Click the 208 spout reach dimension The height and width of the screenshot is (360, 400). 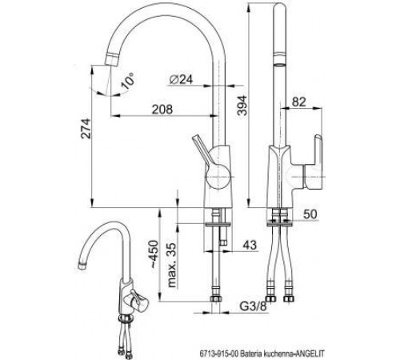[x=162, y=110]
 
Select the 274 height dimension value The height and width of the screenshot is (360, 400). [x=86, y=129]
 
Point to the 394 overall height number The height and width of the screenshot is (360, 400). [x=242, y=105]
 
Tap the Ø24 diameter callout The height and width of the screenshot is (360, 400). [x=181, y=79]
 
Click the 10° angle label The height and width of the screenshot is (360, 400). [x=127, y=81]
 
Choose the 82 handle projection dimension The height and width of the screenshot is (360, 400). [x=298, y=102]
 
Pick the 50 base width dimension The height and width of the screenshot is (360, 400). [x=310, y=214]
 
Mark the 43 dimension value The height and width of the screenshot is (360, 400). [x=250, y=245]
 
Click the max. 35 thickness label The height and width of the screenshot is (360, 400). [x=173, y=265]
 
